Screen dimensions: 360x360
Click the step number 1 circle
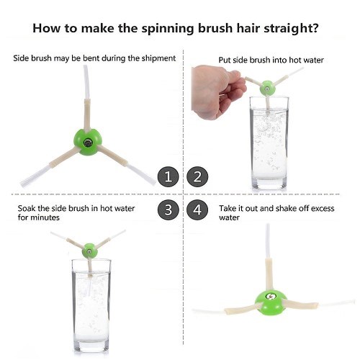168,177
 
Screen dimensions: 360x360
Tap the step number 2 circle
197,177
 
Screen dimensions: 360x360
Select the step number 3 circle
168,210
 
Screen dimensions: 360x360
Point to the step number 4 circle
197,210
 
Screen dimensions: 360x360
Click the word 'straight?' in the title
291,29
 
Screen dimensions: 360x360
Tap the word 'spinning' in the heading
167,29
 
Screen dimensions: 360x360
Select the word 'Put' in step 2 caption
225,60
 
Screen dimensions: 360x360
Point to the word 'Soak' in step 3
27,208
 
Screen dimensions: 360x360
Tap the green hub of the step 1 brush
88,142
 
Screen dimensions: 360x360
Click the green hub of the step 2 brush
267,88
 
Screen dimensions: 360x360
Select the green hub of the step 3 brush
89,251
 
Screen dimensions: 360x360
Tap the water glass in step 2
269,143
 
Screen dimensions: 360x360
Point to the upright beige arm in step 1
87,115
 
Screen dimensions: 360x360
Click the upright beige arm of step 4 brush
269,274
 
